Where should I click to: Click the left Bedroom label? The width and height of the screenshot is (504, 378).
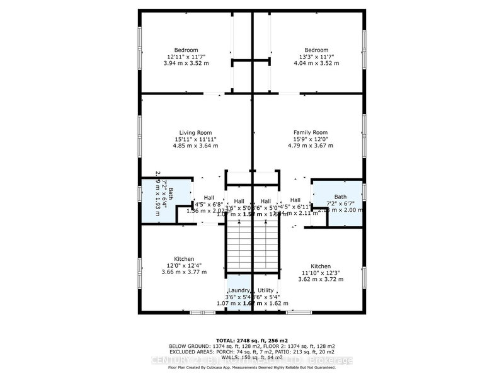186,50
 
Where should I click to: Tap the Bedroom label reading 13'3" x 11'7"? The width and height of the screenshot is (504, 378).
316,50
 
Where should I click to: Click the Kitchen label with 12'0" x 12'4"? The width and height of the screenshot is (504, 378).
184,259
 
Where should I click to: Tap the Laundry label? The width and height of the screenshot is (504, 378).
238,289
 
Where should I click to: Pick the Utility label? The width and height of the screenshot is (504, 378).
266,289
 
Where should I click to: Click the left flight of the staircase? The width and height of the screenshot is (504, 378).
239,248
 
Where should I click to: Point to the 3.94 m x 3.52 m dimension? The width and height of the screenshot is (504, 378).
186,64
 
